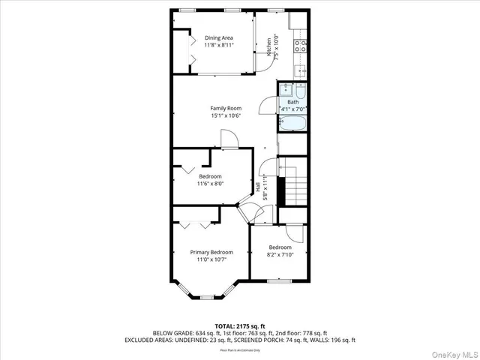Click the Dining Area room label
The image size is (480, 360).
(219, 37)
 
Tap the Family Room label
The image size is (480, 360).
(225, 108)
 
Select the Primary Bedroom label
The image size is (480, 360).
(211, 252)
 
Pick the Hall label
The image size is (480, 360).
(257, 188)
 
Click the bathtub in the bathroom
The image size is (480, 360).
(292, 124)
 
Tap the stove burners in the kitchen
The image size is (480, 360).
(299, 44)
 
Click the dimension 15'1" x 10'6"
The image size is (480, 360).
(225, 115)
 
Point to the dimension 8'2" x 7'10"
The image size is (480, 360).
(280, 254)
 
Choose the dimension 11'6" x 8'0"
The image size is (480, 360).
(211, 183)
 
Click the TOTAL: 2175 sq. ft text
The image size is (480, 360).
(239, 326)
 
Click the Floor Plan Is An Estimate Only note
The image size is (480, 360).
(239, 349)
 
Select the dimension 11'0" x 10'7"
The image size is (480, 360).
(211, 259)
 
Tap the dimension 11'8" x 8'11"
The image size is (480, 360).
(219, 45)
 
